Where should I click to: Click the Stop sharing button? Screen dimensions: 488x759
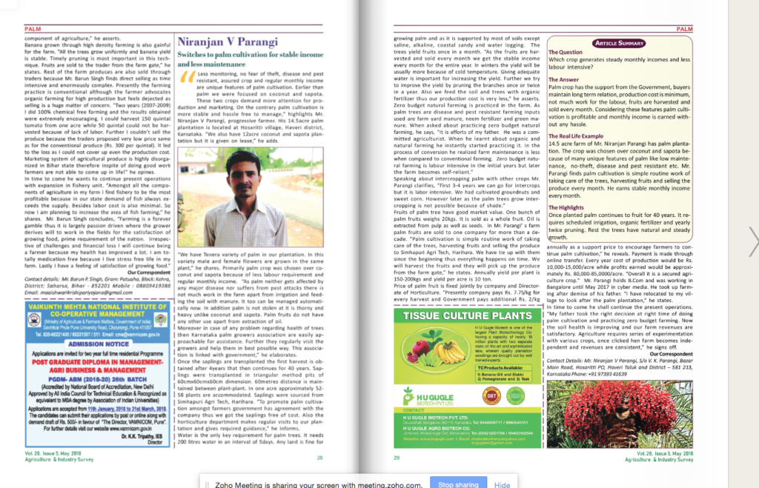click(458, 484)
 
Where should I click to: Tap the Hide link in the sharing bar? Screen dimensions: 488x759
click(503, 484)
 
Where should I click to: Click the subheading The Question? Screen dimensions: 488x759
click(566, 53)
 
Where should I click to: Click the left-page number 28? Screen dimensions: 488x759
click(319, 458)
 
